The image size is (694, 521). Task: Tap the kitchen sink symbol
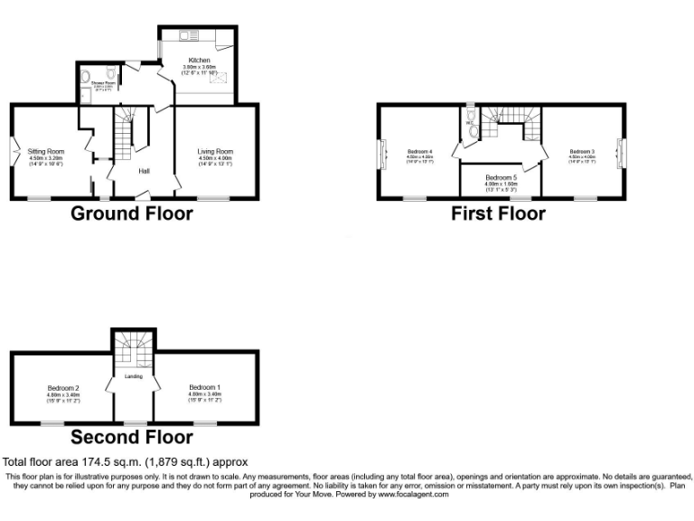click(x=191, y=35)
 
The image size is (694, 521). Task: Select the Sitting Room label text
click(x=44, y=151)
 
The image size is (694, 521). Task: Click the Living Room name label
click(x=215, y=151)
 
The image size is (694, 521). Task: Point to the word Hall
click(x=144, y=170)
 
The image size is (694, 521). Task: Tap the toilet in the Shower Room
click(x=109, y=75)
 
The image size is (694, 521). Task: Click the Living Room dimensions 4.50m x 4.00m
click(x=215, y=158)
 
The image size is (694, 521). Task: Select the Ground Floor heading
click(x=131, y=213)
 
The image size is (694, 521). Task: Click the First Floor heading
click(x=499, y=213)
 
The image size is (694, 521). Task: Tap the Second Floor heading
click(x=132, y=437)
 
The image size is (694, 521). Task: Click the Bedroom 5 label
click(x=501, y=177)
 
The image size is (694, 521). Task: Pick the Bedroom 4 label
click(x=420, y=150)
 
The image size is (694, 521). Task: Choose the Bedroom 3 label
click(x=582, y=150)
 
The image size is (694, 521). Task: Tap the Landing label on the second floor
click(x=134, y=375)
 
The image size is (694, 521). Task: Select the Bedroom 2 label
click(x=64, y=388)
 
